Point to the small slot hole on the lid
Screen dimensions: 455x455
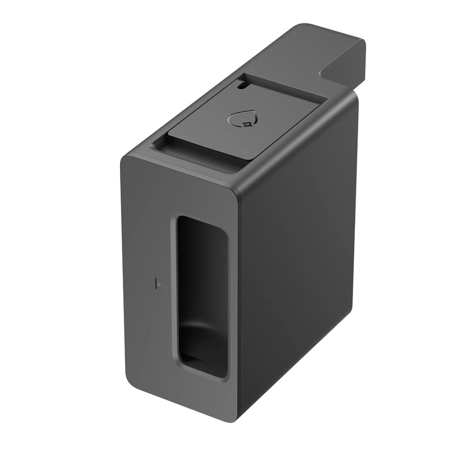243,87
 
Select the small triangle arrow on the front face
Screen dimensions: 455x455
159,282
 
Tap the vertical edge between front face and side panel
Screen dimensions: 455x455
238,296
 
